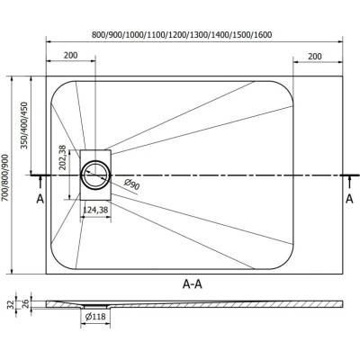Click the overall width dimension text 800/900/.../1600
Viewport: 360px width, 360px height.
coord(182,35)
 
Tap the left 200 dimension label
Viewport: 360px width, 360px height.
coord(70,55)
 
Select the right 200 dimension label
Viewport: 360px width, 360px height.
coord(315,56)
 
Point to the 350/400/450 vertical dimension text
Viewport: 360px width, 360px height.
coord(24,125)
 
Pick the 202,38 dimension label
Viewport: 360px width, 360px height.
coord(62,157)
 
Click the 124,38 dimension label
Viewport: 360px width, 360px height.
coord(95,210)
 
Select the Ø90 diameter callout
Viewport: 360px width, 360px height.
coord(131,184)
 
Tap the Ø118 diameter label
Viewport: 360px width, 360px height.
coord(95,316)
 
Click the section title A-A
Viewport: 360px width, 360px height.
coord(193,283)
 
